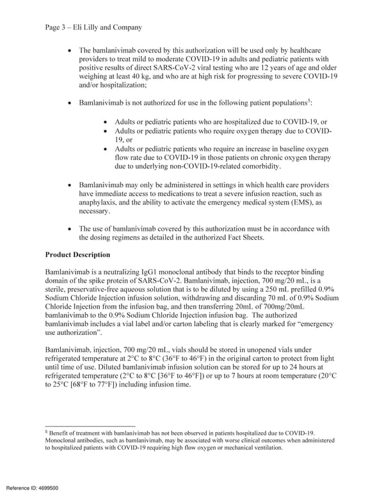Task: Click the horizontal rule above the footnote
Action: coord(90,426)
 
